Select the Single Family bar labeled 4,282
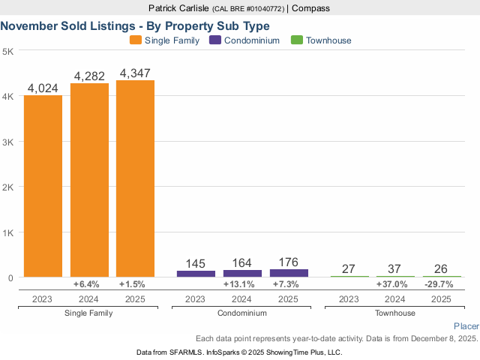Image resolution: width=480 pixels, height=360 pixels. (x=89, y=180)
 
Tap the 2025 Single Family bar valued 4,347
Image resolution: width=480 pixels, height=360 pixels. (x=135, y=178)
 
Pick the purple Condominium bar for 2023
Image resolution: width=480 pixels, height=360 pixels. (x=196, y=274)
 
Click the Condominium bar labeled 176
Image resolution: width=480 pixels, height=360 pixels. (x=289, y=273)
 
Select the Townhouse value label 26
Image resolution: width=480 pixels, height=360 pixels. (x=442, y=269)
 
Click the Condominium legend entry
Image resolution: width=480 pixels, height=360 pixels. (x=246, y=40)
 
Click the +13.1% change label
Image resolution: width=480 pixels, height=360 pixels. (x=242, y=285)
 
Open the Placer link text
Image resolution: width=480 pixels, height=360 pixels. (x=466, y=327)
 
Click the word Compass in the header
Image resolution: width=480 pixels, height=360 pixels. (x=310, y=8)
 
